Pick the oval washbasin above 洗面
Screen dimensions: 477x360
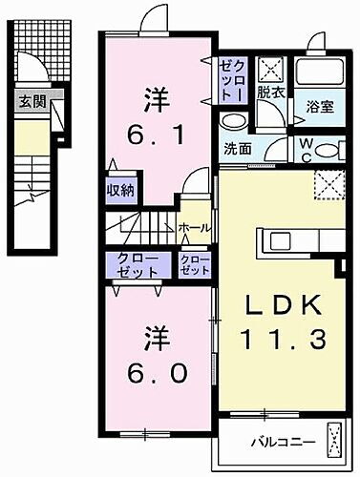(x=232, y=121)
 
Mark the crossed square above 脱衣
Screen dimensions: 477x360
(x=269, y=68)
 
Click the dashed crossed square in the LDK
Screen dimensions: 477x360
(x=329, y=182)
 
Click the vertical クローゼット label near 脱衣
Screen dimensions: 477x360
(x=230, y=79)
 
